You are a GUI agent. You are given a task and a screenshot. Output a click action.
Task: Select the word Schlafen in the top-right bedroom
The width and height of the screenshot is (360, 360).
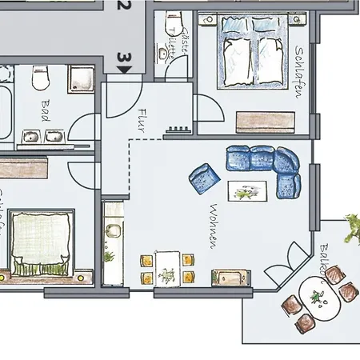coord(300,72)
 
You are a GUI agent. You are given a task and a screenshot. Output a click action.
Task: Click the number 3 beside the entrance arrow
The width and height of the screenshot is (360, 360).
coord(123,58)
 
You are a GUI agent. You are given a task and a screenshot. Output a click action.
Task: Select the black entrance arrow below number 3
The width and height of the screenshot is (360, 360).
coord(124,70)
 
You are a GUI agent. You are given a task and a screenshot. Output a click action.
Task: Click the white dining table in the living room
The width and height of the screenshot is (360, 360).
coord(167,266)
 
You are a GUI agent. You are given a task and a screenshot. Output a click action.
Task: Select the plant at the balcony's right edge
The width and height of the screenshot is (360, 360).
coord(352,230)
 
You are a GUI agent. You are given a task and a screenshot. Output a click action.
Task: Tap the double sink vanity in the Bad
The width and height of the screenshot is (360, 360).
coord(41,137)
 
